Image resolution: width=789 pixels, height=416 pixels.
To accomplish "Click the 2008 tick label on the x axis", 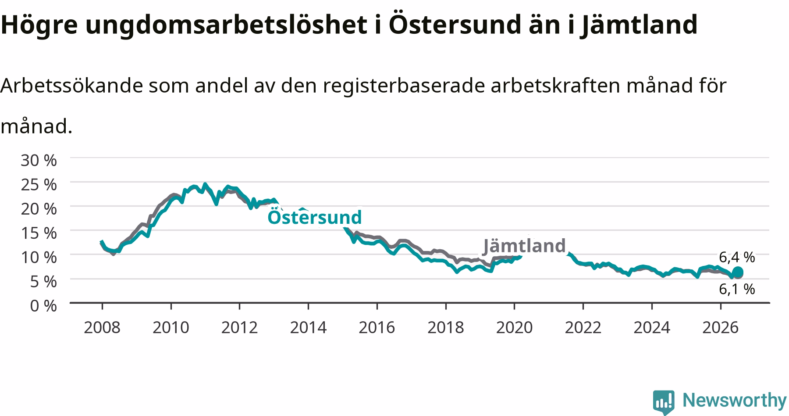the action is coord(102,327).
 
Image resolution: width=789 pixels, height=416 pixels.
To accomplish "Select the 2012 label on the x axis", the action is coord(239,327).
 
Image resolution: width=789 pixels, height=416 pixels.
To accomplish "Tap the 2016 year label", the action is coord(377,327).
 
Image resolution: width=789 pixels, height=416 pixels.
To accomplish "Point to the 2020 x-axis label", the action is coord(514,327).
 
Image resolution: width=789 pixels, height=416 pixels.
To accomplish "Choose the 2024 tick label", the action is coord(652,327).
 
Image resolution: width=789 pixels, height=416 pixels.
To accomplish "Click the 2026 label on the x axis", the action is coord(721,327).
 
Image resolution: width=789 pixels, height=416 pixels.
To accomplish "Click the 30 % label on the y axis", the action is coord(39,160).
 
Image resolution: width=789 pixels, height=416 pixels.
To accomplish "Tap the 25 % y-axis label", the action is coord(39,184).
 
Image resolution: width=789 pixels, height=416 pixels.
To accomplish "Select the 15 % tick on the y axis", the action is coord(39,233).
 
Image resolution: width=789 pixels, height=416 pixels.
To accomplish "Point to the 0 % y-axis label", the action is coord(43,305).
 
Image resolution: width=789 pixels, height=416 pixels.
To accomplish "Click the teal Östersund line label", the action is coord(315,217).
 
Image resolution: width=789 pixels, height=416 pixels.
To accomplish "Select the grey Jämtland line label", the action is coord(524,246).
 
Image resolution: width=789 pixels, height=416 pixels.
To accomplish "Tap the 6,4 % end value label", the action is coord(737,257).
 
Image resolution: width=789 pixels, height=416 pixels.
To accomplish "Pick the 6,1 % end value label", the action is coord(737,289).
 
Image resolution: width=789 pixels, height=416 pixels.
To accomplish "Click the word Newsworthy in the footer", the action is coord(735,400).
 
